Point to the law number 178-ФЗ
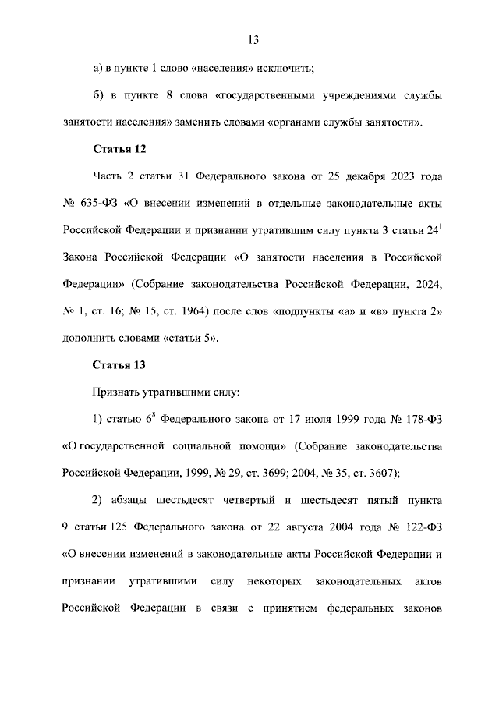(x=423, y=420)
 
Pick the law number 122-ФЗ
(x=423, y=527)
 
